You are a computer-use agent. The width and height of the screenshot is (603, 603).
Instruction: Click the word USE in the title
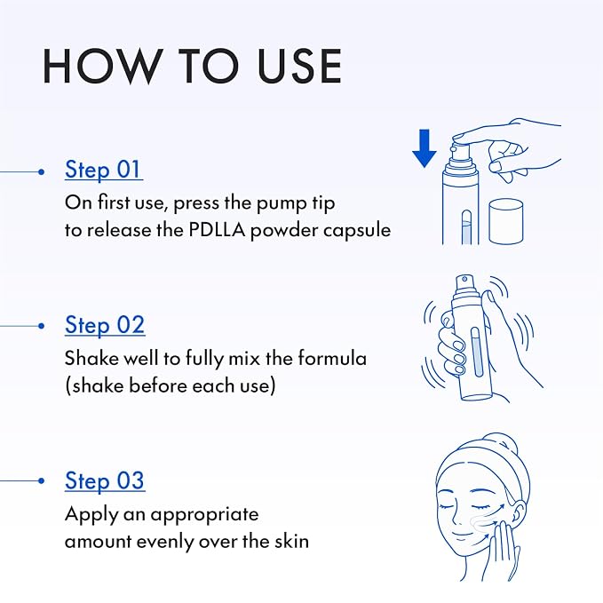click(299, 66)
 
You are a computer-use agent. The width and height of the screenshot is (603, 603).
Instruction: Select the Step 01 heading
click(103, 170)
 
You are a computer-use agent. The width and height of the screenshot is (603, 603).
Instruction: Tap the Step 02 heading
click(105, 325)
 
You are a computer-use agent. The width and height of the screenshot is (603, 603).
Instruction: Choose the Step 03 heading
click(105, 480)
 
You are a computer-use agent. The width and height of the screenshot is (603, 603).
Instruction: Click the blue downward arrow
click(424, 148)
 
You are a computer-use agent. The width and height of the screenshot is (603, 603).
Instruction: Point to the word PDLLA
click(217, 230)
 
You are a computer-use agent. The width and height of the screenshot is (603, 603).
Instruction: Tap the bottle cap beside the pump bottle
click(505, 221)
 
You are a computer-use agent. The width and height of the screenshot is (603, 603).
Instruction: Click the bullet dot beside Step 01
click(42, 172)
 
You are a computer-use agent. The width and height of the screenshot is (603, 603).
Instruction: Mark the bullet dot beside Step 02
click(42, 326)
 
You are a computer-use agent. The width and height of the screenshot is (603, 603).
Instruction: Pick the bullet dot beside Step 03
click(42, 480)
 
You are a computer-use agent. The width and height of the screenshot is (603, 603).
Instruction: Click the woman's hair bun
click(504, 445)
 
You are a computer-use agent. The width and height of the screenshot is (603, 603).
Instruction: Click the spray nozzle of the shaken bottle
click(464, 283)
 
